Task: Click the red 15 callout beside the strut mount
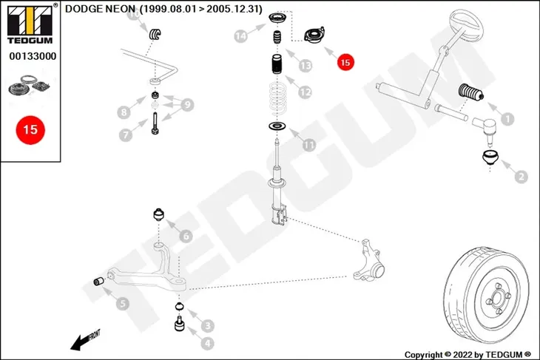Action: click(345, 62)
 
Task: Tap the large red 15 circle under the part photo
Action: click(30, 130)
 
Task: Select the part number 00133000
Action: click(33, 56)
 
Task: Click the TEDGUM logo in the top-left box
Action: click(30, 24)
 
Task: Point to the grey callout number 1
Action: click(507, 119)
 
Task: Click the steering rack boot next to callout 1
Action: click(470, 92)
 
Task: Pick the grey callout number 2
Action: click(521, 177)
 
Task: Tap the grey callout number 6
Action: click(186, 236)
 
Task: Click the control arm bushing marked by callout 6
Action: click(158, 215)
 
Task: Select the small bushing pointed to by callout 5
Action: click(99, 282)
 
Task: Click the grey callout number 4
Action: click(207, 343)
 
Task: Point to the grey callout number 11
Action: click(309, 145)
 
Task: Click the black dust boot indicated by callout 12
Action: click(277, 64)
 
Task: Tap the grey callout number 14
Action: click(240, 35)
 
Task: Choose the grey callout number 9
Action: click(187, 105)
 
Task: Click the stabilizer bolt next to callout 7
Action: click(155, 123)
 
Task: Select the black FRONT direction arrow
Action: click(85, 340)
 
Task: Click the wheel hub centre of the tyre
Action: click(497, 299)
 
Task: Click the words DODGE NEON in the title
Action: click(100, 9)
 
